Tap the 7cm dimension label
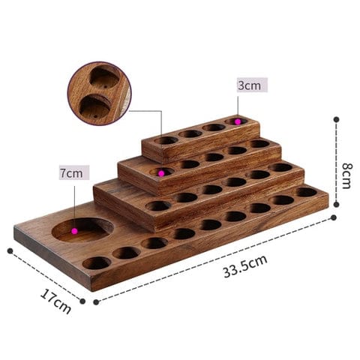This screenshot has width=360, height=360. [73, 172]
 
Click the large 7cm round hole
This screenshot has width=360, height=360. [82, 229]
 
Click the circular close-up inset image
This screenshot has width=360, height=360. [99, 93]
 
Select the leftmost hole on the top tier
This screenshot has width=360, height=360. [166, 140]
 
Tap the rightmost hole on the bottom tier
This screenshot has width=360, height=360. [306, 192]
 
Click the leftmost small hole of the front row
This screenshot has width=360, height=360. [96, 262]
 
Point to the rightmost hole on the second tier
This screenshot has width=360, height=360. [259, 143]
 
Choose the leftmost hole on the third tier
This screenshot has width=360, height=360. [157, 205]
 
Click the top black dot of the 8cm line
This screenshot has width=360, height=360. [336, 118]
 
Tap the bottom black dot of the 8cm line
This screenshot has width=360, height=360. [336, 214]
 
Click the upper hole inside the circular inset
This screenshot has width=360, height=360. [104, 79]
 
